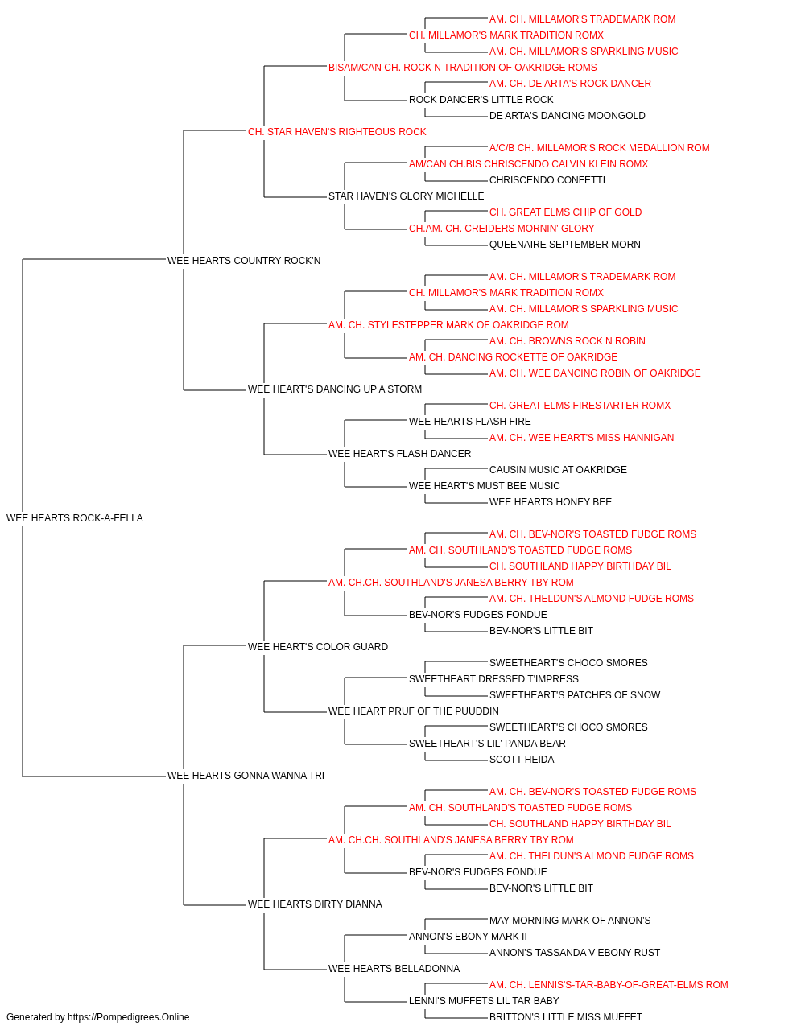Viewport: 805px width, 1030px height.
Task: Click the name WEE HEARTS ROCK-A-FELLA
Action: (74, 517)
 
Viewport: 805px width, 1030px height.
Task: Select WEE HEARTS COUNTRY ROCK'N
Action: (244, 260)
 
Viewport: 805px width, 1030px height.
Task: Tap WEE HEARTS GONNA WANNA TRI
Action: (246, 775)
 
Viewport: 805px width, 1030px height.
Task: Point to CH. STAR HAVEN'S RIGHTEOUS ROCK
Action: (336, 132)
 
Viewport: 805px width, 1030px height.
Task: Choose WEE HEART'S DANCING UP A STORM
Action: (334, 389)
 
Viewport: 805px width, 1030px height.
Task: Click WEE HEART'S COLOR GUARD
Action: (318, 646)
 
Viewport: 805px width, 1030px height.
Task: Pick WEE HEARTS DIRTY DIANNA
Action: (315, 904)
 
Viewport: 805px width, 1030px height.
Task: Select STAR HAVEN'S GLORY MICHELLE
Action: (406, 196)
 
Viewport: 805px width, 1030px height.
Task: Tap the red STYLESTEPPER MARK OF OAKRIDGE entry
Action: (448, 324)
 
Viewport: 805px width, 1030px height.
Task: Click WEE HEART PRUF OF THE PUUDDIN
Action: (414, 711)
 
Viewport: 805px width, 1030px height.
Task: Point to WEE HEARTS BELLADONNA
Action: (394, 968)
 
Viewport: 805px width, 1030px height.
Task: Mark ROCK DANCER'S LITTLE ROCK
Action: (481, 100)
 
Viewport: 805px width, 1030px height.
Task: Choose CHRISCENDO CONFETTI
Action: (547, 180)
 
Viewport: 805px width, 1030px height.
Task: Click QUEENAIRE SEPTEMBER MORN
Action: (564, 245)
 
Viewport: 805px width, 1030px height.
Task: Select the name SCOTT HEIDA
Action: (522, 760)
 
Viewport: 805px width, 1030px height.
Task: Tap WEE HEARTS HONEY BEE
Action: (550, 502)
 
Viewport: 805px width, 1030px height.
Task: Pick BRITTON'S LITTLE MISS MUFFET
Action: (566, 1017)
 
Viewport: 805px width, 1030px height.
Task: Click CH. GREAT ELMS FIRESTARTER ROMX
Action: (580, 406)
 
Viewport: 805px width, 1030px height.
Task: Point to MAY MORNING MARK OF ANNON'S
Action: (570, 920)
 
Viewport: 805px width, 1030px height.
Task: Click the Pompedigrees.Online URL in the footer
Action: (128, 1017)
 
